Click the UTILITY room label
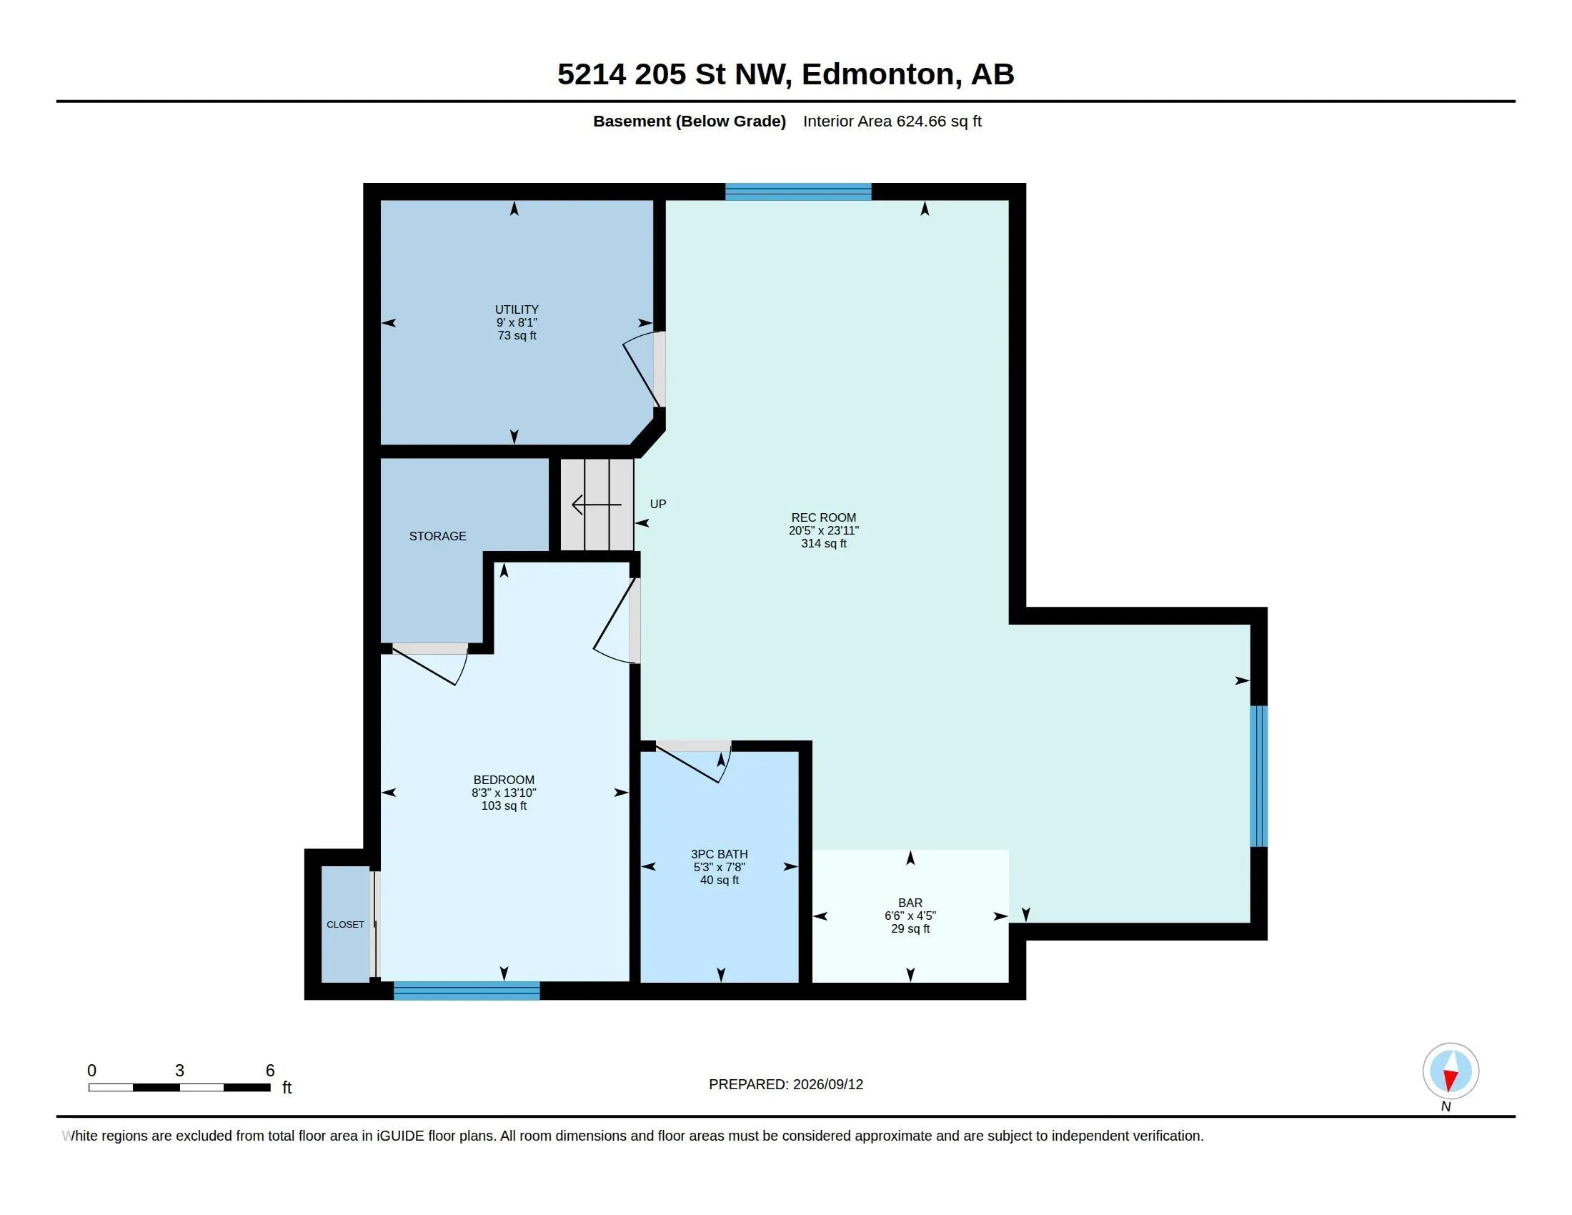coord(517,309)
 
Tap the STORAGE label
coord(437,536)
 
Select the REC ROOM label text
coord(823,517)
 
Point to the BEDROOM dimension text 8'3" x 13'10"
coord(504,793)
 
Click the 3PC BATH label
coord(719,854)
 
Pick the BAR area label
coord(910,903)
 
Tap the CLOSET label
coord(346,924)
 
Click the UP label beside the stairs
coord(658,504)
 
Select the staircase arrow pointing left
coord(596,505)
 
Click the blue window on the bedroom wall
coord(467,991)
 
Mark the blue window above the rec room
coord(798,192)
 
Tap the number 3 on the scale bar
coord(179,1071)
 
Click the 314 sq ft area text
coord(823,543)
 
